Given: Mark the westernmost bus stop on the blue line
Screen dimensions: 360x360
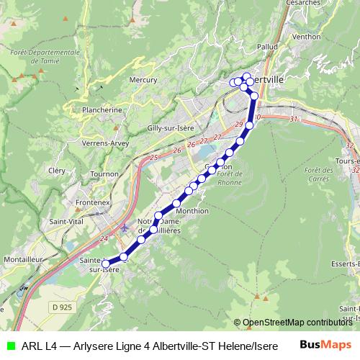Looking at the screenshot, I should pos(106,264).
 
